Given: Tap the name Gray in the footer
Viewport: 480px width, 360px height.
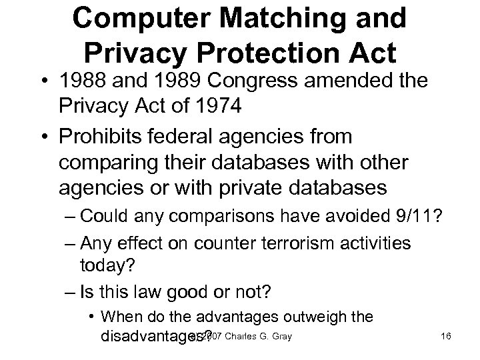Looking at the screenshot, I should point(280,335).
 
